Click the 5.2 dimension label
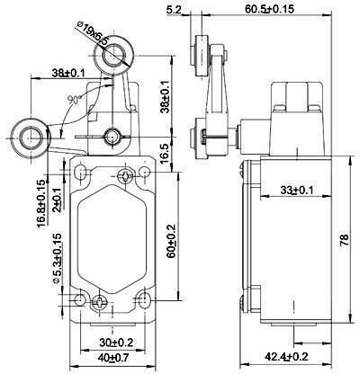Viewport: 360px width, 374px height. pyautogui.click(x=174, y=10)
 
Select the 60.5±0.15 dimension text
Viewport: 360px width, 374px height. pyautogui.click(x=269, y=9)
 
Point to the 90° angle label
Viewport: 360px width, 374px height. pyautogui.click(x=73, y=99)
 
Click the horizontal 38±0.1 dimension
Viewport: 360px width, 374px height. pyautogui.click(x=68, y=73)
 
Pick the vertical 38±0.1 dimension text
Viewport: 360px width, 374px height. pyautogui.click(x=166, y=96)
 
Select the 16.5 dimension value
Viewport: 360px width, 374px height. pyautogui.click(x=166, y=153)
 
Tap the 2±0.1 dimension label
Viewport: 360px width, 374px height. pyautogui.click(x=56, y=200)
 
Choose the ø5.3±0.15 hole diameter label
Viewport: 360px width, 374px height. pyautogui.click(x=57, y=258)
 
